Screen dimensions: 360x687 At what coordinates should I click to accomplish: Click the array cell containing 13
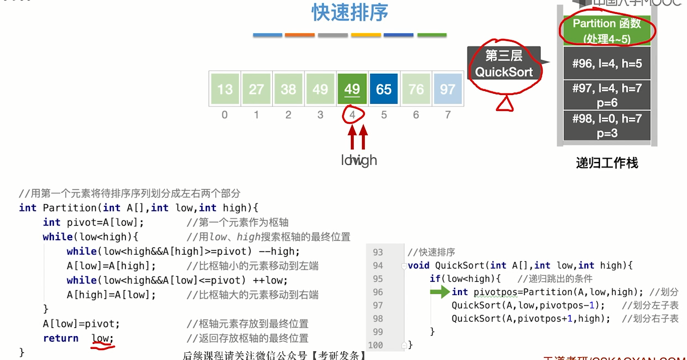(225, 89)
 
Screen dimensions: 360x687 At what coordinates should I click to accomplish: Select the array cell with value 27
(256, 89)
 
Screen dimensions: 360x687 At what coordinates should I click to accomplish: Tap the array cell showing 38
(288, 89)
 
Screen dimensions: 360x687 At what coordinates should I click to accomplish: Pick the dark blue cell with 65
(384, 89)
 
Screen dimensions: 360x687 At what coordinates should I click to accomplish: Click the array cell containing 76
(416, 89)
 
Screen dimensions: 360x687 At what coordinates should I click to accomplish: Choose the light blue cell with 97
(447, 89)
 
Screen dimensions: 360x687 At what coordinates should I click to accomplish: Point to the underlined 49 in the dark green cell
(352, 89)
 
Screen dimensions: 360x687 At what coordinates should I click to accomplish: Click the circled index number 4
(352, 115)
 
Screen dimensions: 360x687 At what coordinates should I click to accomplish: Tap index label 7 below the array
(447, 115)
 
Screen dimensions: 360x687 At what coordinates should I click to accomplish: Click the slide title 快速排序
(350, 13)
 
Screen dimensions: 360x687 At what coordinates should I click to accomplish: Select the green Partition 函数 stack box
(607, 31)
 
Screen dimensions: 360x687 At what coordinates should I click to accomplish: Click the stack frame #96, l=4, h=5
(607, 63)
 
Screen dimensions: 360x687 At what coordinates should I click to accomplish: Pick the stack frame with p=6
(607, 95)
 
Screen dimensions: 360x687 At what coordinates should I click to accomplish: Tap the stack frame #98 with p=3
(607, 125)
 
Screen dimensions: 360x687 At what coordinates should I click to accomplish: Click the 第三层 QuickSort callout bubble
(503, 64)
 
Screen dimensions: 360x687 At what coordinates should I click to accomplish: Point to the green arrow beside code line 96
(440, 292)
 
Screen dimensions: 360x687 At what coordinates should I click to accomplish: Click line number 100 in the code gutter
(375, 345)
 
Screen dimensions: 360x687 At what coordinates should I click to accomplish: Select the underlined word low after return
(102, 338)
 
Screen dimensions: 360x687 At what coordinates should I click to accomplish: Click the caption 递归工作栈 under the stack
(607, 163)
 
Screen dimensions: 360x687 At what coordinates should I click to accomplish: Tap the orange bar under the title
(299, 35)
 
